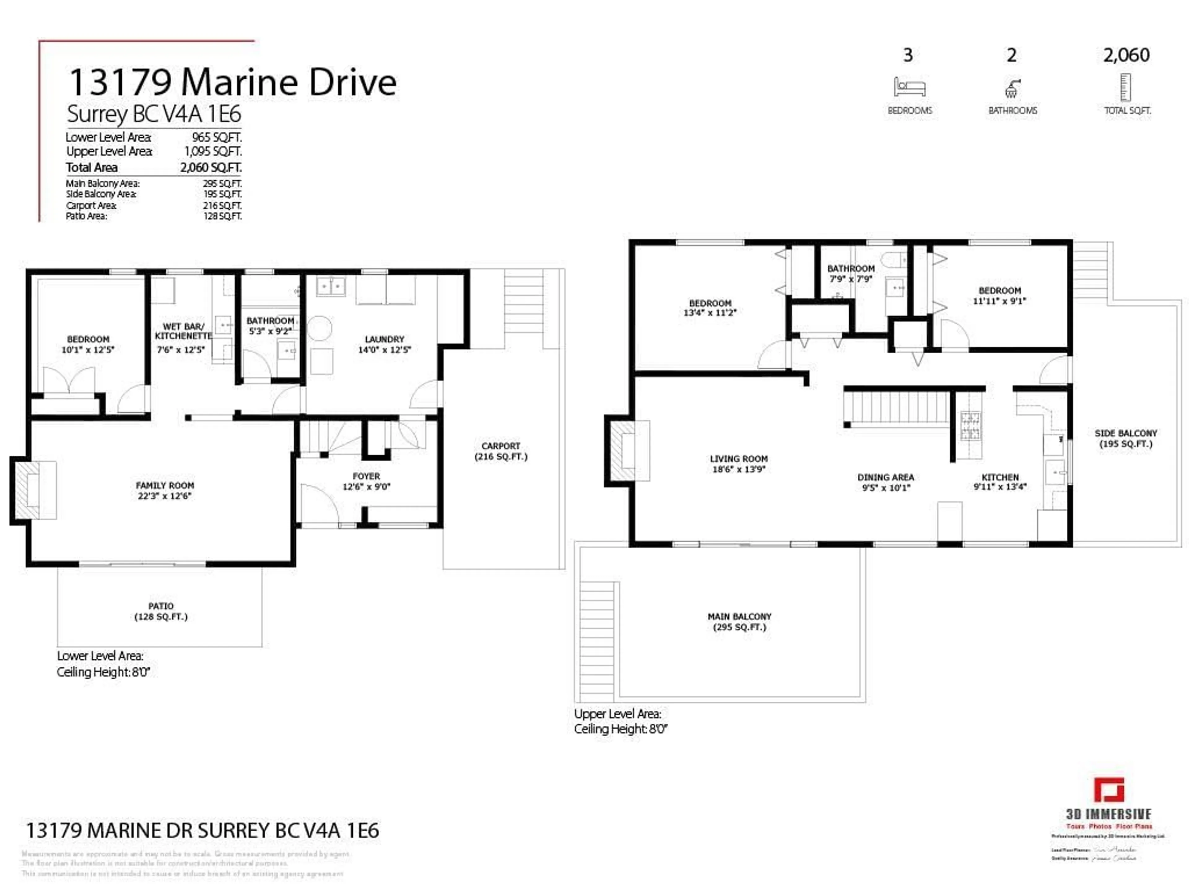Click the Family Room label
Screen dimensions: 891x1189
tap(164, 485)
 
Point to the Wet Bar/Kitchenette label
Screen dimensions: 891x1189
tap(183, 331)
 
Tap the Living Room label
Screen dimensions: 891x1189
tap(738, 459)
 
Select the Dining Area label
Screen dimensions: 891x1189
tap(885, 477)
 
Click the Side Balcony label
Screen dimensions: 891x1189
tap(1126, 433)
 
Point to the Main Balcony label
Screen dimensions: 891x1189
tap(739, 617)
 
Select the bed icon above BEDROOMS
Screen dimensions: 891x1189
tap(909, 87)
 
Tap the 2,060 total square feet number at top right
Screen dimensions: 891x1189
tap(1126, 55)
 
